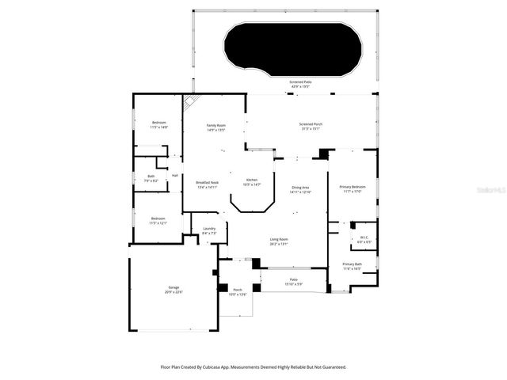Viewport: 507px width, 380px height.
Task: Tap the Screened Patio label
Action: (299, 82)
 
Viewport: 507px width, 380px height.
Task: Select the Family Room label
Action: (216, 126)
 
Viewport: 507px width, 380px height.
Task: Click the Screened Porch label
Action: (311, 124)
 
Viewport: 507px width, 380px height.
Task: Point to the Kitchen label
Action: (252, 180)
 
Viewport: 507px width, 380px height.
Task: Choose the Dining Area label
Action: (300, 187)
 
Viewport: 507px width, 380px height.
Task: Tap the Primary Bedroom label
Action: (352, 187)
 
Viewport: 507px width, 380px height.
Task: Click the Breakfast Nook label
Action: (207, 183)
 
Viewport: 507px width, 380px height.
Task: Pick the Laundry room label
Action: (209, 229)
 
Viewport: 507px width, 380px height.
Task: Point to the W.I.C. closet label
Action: (364, 237)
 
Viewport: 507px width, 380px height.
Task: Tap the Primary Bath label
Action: (352, 264)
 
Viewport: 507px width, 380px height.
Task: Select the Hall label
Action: (175, 175)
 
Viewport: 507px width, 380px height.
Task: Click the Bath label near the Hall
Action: (151, 176)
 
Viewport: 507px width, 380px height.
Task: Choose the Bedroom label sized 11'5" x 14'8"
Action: (159, 122)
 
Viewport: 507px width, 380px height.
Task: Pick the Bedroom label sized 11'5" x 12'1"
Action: (158, 218)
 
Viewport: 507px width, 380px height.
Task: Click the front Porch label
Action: (238, 290)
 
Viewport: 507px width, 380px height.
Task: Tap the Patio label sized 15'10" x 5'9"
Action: (292, 279)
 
